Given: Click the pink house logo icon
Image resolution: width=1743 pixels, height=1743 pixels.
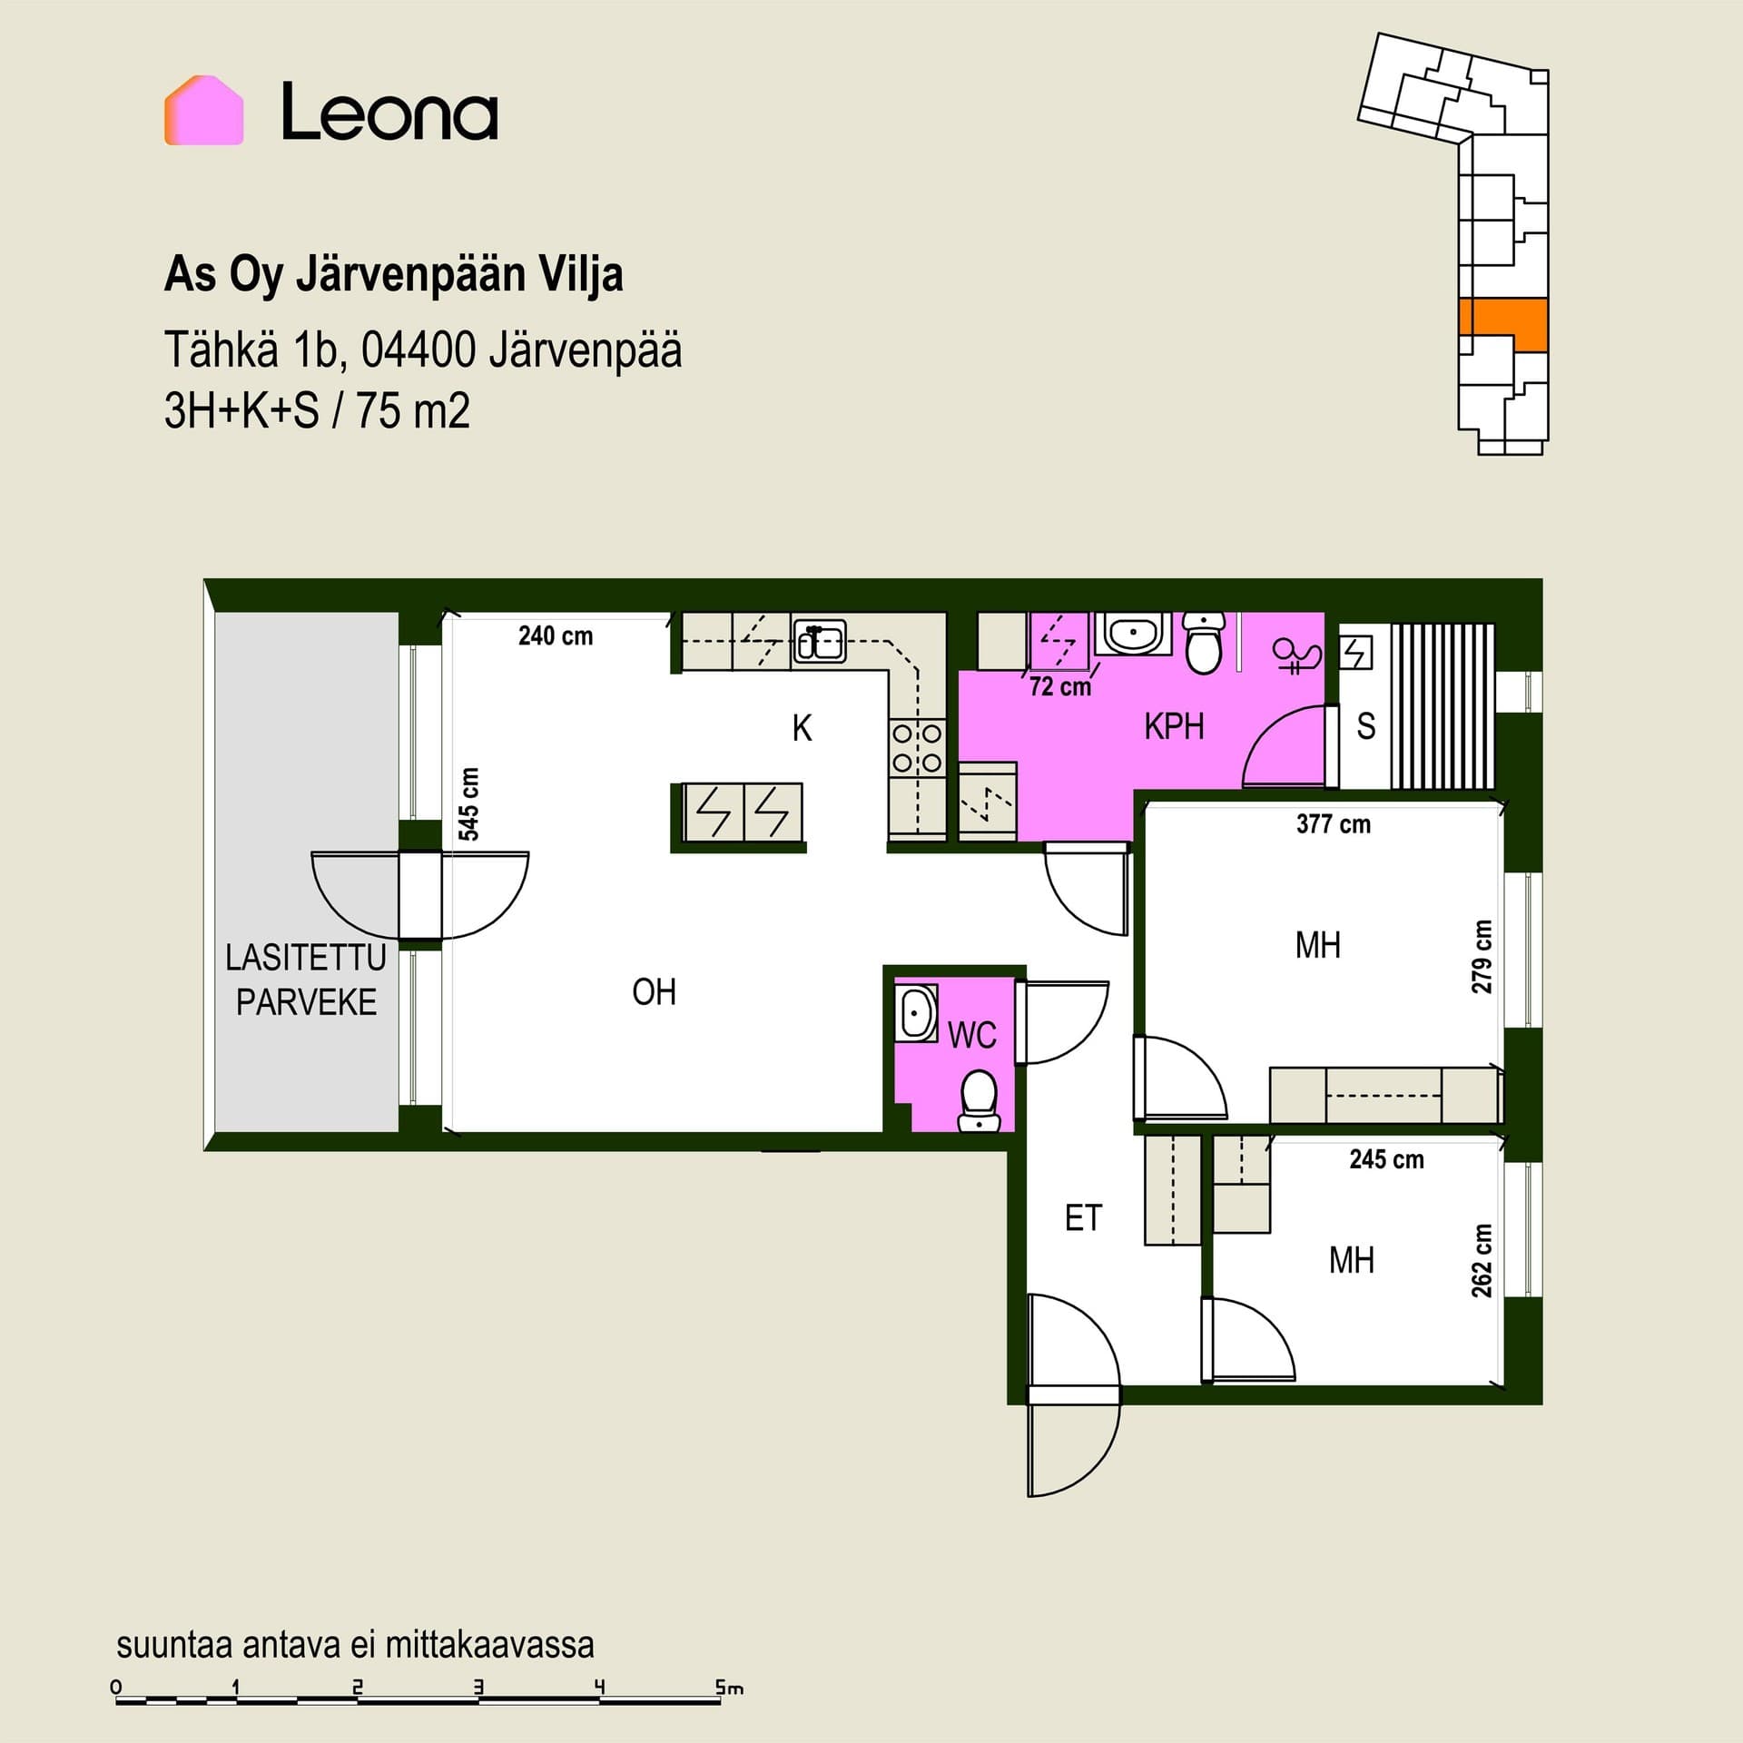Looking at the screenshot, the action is point(203,110).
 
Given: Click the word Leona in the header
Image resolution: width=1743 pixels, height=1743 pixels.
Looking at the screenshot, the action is point(389,112).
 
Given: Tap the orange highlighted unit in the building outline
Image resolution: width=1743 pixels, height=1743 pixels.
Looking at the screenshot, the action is point(1502,324).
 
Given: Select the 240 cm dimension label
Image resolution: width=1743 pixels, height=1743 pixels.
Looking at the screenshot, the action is point(556,635).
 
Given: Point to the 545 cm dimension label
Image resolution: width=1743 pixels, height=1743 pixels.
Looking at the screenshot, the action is point(468,804).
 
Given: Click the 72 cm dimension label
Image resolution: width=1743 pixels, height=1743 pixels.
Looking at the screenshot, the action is point(1060,686).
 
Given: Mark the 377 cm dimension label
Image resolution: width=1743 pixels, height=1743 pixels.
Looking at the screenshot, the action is point(1334,824).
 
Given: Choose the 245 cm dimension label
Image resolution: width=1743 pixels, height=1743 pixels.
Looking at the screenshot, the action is point(1386,1159).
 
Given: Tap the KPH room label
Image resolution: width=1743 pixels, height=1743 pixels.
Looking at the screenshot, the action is point(1174,726).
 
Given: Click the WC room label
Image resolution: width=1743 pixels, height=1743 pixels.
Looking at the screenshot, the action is point(971,1035).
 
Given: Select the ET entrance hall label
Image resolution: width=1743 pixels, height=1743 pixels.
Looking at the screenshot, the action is point(1083,1218).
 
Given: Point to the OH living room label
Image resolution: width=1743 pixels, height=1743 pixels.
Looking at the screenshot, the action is point(654,992).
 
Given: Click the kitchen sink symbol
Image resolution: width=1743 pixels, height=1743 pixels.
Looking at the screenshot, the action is point(820,642).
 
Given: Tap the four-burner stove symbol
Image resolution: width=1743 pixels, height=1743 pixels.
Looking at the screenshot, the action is point(917,747).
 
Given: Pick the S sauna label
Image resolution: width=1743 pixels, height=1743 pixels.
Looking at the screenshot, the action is point(1366,726).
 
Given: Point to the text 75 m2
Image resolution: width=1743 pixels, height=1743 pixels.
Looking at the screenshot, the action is point(413,411).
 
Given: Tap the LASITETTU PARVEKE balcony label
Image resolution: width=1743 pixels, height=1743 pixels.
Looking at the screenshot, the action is point(306,980).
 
